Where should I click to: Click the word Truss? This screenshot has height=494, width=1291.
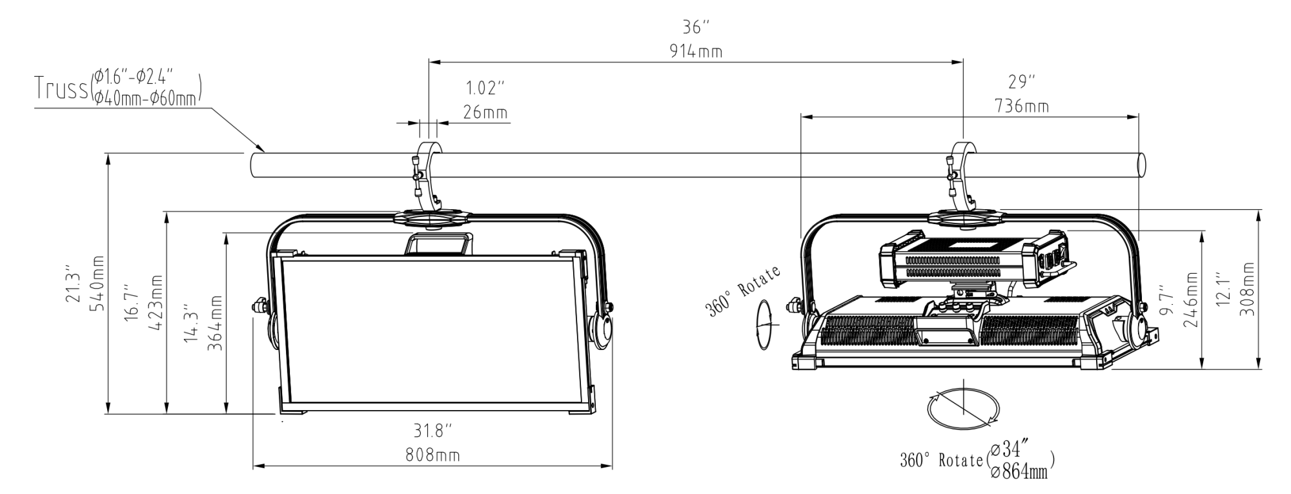[x=61, y=89]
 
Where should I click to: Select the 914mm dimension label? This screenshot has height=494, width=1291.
[x=696, y=52]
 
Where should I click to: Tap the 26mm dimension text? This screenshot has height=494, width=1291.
[x=485, y=112]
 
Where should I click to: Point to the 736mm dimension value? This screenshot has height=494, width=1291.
[x=1021, y=106]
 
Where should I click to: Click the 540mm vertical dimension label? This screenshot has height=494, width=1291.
[x=98, y=283]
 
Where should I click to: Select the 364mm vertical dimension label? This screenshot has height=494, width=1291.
[x=216, y=323]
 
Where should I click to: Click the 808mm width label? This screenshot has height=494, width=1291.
[x=432, y=455]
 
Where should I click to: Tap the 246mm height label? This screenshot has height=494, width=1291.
[x=1191, y=300]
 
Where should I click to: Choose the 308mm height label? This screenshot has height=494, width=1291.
[x=1248, y=289]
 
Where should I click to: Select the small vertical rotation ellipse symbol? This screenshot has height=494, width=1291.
[x=764, y=324]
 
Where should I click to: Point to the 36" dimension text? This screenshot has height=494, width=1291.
[x=696, y=28]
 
